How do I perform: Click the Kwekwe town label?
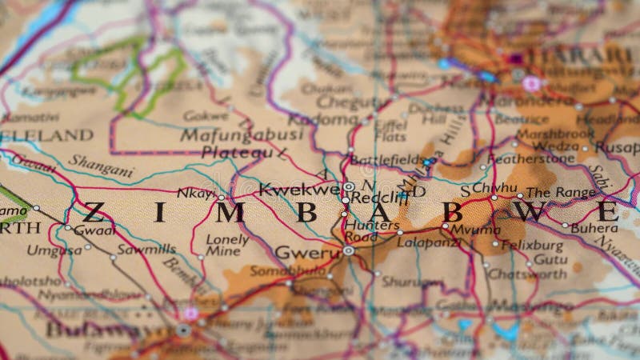coord(299,190)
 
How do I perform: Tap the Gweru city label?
coord(307,253)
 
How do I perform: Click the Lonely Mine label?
coord(227,245)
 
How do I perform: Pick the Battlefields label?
coord(386,159)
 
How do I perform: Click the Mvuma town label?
coord(474,228)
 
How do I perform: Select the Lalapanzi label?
coord(427,241)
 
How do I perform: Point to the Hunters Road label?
coord(371,231)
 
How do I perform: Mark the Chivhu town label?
coord(494,187)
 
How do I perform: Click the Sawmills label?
coord(146,249)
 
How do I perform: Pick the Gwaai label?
coord(94,229)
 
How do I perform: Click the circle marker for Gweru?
coord(349,250)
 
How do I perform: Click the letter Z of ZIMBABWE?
coord(94,212)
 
